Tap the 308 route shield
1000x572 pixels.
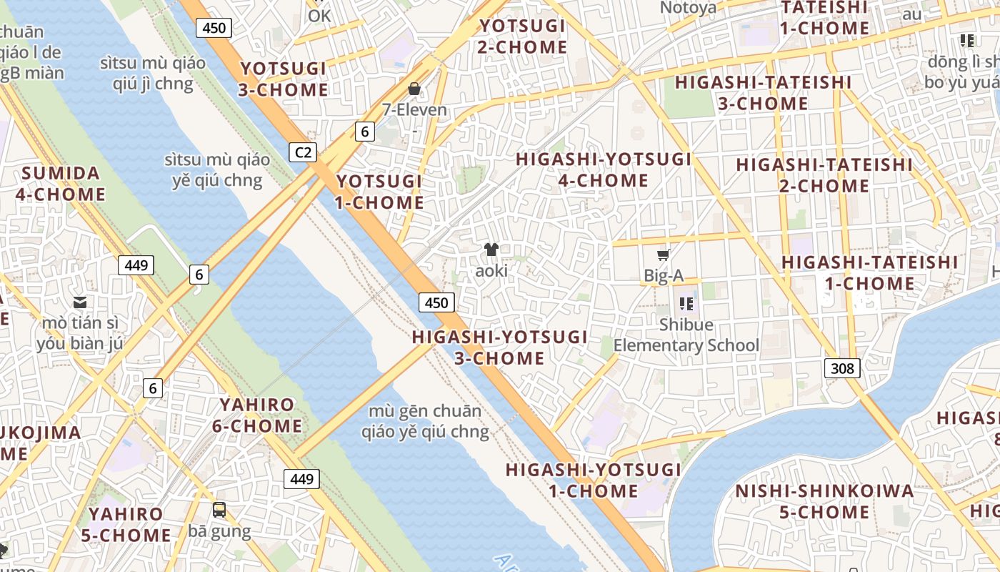842,368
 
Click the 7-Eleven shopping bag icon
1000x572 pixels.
414,89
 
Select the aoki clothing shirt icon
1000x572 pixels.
491,249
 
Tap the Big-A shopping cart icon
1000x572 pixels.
664,255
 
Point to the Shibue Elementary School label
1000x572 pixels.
686,335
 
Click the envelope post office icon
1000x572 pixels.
80,302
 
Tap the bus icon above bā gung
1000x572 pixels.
219,510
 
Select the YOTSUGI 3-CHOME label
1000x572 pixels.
284,79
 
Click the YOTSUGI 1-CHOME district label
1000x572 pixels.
380,192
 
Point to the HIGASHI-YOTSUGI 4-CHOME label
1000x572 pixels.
604,169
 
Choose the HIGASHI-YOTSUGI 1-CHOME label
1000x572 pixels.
594,480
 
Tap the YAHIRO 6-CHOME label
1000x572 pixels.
257,415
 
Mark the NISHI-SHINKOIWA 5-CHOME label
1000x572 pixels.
824,501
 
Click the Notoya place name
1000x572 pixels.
688,8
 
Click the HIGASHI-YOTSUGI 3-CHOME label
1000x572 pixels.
500,347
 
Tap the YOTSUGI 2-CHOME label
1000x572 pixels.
523,36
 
